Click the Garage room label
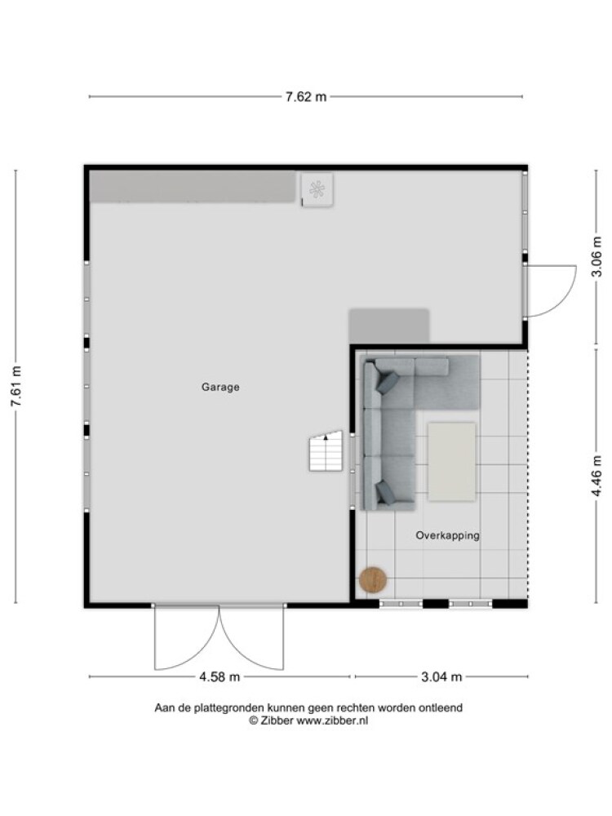click(220, 387)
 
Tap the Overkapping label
click(447, 535)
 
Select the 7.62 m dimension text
click(306, 97)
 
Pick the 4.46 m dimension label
click(597, 477)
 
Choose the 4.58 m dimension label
click(220, 677)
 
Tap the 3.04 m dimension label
click(441, 677)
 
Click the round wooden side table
click(373, 579)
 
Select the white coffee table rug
click(452, 462)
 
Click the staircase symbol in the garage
click(326, 450)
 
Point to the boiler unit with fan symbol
click(317, 190)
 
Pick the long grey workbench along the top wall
click(193, 187)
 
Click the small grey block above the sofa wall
click(389, 326)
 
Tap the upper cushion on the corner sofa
click(387, 383)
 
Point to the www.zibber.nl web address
click(332, 721)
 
